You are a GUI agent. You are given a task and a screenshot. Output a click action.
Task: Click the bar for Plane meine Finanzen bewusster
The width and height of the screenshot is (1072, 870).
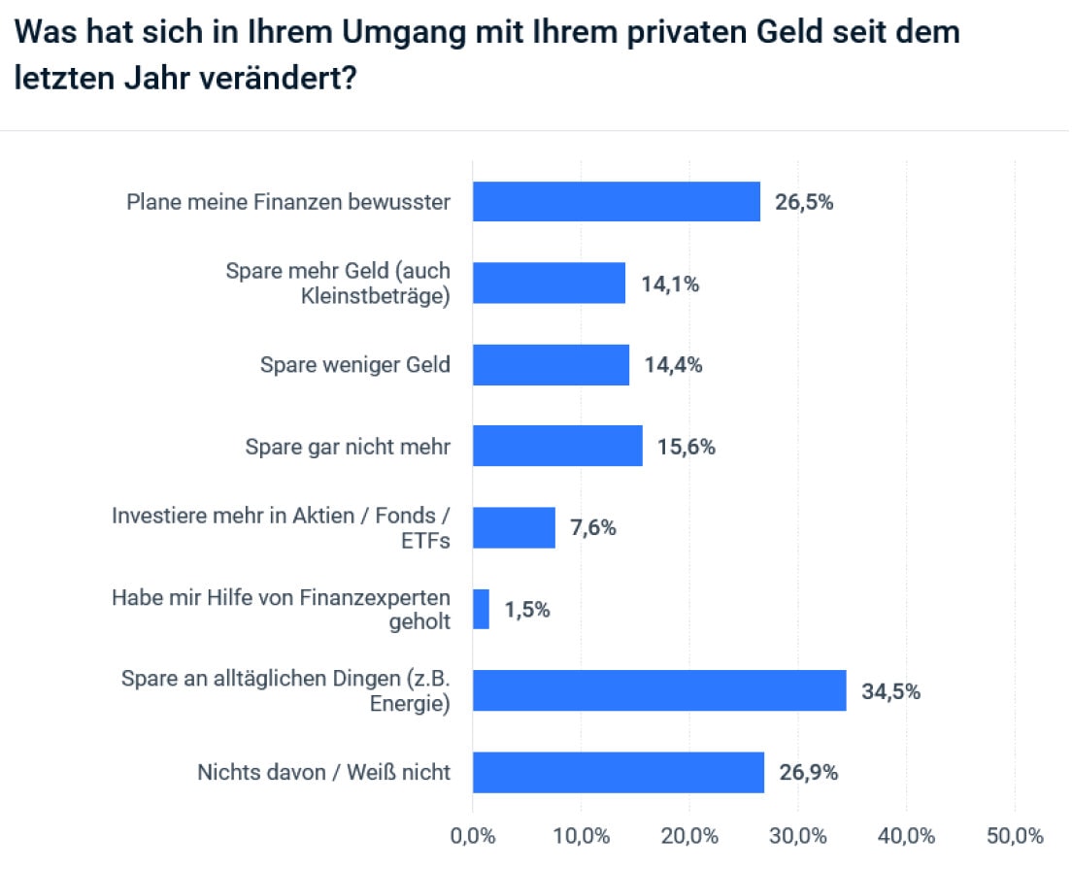(x=616, y=202)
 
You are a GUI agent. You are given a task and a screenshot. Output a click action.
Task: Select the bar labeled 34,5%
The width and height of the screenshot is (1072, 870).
(x=659, y=691)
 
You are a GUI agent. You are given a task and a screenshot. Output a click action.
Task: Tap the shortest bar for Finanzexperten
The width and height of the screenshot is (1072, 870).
(x=481, y=610)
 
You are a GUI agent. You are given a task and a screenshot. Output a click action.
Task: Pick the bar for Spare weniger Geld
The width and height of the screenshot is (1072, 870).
(x=551, y=365)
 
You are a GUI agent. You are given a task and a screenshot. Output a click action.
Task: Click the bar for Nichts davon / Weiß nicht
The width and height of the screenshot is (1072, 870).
(x=618, y=773)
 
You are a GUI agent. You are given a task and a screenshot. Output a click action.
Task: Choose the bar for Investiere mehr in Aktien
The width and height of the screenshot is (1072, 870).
(x=514, y=528)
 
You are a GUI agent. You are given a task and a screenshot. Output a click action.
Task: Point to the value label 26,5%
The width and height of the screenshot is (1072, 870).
(x=804, y=203)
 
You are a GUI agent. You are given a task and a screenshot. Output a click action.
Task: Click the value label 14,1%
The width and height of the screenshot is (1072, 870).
(x=670, y=284)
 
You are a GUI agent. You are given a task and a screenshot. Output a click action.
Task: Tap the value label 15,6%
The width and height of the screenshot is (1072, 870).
(x=687, y=448)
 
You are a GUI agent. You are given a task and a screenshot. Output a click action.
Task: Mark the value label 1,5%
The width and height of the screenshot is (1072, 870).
(x=527, y=611)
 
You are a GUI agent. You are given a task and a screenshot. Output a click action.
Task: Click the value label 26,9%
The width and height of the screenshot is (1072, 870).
(x=808, y=774)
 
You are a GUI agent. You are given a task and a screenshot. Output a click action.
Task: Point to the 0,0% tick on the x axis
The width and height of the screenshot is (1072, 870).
(x=473, y=836)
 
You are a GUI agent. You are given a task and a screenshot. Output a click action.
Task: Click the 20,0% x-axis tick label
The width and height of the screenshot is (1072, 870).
(x=689, y=836)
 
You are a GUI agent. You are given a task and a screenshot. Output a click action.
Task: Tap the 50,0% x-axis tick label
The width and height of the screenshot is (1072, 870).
(x=1015, y=836)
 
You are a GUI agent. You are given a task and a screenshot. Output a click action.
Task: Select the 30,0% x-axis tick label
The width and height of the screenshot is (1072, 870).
(x=798, y=836)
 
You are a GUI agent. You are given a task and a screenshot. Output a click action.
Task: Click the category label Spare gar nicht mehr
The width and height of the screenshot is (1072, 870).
(x=348, y=447)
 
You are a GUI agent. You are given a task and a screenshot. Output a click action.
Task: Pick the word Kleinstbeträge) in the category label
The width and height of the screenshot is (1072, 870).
(x=376, y=296)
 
